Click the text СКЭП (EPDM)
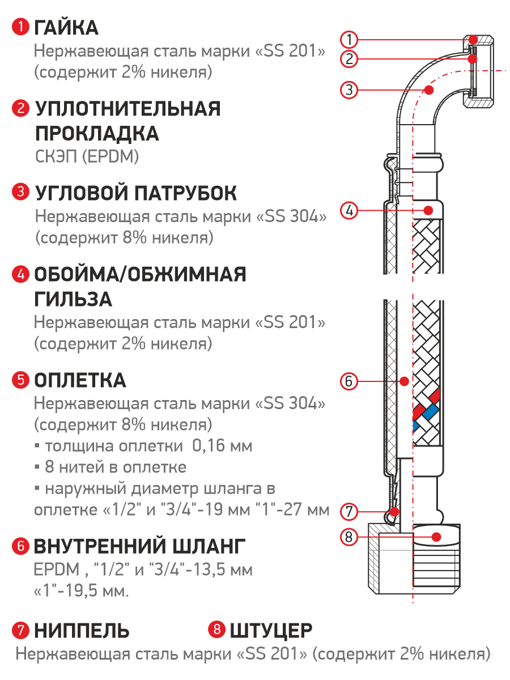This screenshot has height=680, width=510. pos(87,158)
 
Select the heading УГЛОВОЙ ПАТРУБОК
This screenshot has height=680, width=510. pos(136,193)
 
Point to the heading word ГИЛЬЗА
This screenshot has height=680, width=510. pos(73,300)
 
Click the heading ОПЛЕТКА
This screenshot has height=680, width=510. pos(80,381)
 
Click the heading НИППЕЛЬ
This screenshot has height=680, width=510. pos(82,630)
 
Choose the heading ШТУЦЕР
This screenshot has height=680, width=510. pos(271,630)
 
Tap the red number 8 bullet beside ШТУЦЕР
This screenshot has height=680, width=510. pos(217,630)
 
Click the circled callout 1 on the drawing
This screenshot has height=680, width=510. pos(349,39)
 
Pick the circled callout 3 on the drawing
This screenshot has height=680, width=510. pos(349,90)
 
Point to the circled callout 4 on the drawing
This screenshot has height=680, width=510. pos(349,210)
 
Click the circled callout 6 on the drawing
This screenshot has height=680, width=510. pos(349,381)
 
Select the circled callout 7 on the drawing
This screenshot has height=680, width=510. pos(349,512)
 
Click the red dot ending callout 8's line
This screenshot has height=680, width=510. pos(436,536)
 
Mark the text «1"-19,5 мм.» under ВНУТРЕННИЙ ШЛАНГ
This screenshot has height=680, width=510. pos(81,592)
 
